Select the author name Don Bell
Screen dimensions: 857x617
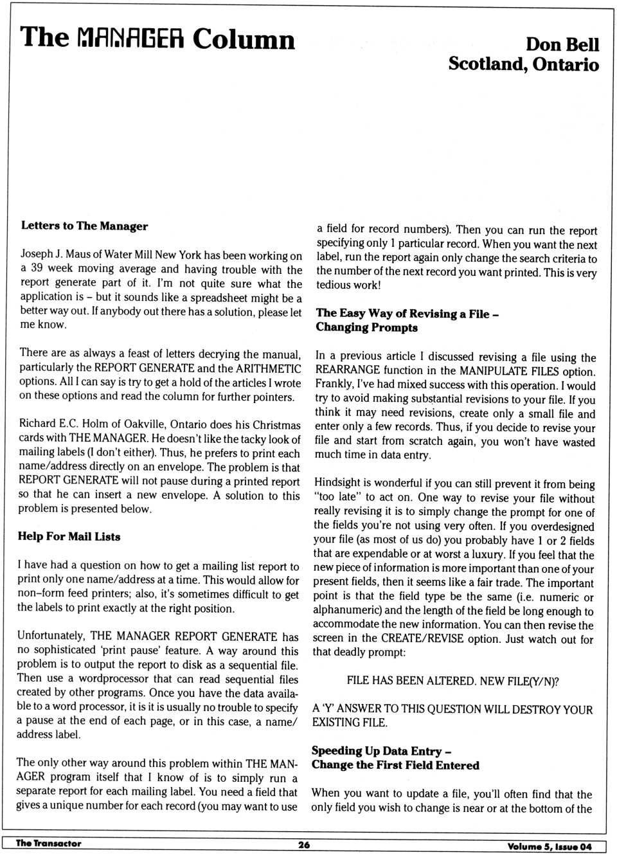pyautogui.click(x=562, y=44)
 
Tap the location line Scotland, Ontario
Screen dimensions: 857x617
pyautogui.click(x=523, y=64)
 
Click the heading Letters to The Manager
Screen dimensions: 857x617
pyautogui.click(x=84, y=226)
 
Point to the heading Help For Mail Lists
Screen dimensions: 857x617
pyautogui.click(x=69, y=536)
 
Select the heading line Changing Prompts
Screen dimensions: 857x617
pyautogui.click(x=366, y=327)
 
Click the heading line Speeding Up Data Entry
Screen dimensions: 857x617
pyautogui.click(x=381, y=751)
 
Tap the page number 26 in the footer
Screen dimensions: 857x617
pyautogui.click(x=304, y=845)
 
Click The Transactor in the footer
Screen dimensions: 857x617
pyautogui.click(x=48, y=843)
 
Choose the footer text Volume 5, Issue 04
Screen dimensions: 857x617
pyautogui.click(x=549, y=846)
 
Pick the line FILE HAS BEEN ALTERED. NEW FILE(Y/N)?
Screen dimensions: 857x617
pyautogui.click(x=452, y=681)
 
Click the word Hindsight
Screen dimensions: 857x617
pyautogui.click(x=340, y=483)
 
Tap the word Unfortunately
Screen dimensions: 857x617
pyautogui.click(x=51, y=636)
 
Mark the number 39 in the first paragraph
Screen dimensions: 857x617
pyautogui.click(x=36, y=269)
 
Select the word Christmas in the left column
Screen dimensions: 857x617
pyautogui.click(x=277, y=425)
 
